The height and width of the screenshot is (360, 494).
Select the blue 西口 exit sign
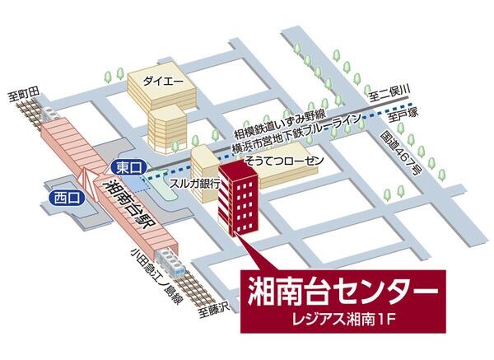(59, 199)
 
